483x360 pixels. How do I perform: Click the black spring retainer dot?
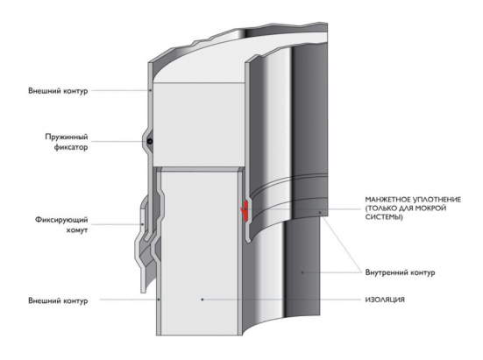150,142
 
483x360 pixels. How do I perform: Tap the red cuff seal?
245,211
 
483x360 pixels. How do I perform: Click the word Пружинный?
67,137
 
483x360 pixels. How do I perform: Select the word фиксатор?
71,147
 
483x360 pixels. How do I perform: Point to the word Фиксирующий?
61,220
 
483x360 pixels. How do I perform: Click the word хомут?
77,230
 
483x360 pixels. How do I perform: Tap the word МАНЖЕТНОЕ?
387,200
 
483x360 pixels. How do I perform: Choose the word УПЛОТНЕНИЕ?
437,200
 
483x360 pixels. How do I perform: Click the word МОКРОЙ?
431,208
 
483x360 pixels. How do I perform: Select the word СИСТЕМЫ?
384,217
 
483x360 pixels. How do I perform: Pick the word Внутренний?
385,272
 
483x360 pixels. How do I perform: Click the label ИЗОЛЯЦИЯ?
385,300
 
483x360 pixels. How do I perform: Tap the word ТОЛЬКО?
381,208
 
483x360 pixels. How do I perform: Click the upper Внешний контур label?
58,91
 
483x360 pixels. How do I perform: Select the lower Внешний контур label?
58,300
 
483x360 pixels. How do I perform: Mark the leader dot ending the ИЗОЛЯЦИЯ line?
202,300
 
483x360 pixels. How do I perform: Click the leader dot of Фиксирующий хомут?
142,224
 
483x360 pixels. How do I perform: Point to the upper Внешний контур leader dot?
150,90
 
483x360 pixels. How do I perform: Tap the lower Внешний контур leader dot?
159,299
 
